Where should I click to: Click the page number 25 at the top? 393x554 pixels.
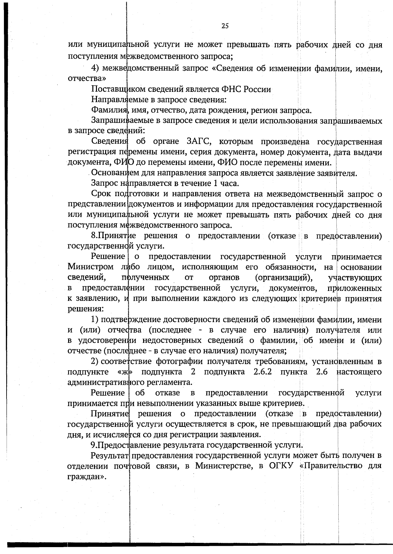[x=225, y=26]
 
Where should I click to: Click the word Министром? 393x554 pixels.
[x=91, y=267]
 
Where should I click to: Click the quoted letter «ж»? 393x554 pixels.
[x=126, y=372]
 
